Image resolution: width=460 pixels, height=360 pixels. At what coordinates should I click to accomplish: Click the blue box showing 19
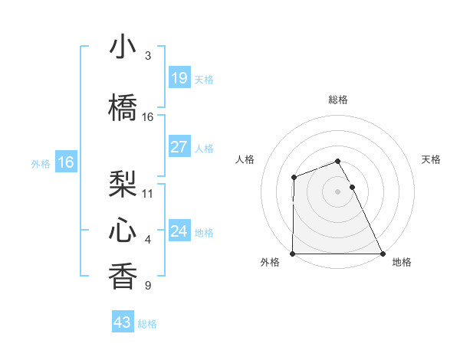click(x=179, y=78)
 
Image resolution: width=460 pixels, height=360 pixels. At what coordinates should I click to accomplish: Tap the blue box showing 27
click(x=179, y=147)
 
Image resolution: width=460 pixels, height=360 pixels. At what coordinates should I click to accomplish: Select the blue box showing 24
click(x=179, y=231)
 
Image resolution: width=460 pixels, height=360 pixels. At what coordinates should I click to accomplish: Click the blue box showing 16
click(x=65, y=162)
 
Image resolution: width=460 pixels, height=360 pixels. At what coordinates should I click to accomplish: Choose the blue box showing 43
click(x=123, y=322)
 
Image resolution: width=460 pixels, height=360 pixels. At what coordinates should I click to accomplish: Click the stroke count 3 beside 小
click(x=148, y=56)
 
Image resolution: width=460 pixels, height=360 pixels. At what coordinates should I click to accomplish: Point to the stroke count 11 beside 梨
click(x=148, y=192)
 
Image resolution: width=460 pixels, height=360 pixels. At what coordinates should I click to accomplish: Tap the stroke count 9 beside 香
click(x=148, y=286)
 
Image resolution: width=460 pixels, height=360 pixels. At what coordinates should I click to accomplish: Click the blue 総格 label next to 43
click(x=147, y=324)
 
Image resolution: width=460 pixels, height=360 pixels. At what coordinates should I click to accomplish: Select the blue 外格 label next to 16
click(x=41, y=164)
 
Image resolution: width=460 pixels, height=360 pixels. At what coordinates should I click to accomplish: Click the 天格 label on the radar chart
click(x=431, y=159)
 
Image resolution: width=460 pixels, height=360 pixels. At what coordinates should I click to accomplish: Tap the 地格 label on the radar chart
click(x=402, y=263)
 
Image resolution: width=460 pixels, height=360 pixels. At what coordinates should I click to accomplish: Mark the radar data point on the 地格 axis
click(x=382, y=254)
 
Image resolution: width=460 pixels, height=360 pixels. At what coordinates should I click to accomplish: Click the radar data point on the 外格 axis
click(x=293, y=254)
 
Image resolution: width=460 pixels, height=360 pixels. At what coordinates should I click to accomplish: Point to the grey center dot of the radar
click(x=337, y=191)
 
